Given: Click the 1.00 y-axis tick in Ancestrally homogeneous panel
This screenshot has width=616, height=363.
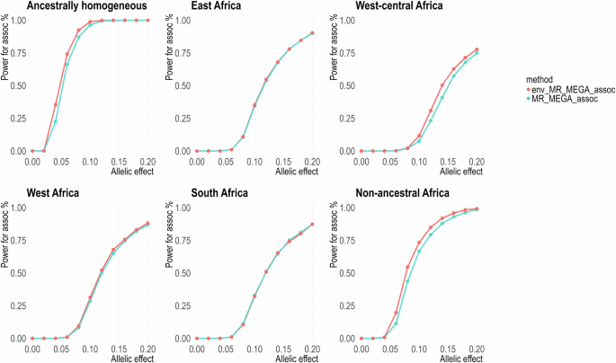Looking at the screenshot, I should pyautogui.click(x=16, y=20).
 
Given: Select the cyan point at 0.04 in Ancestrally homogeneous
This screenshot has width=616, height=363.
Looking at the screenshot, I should pyautogui.click(x=55, y=121).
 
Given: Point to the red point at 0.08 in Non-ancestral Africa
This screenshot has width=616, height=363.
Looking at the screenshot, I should pyautogui.click(x=407, y=267).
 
